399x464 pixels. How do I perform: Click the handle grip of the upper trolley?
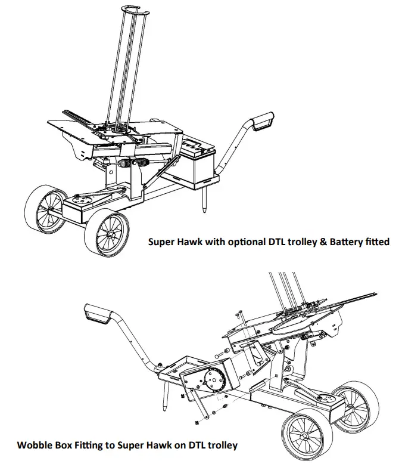point(263,122)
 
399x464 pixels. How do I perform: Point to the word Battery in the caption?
point(340,242)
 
